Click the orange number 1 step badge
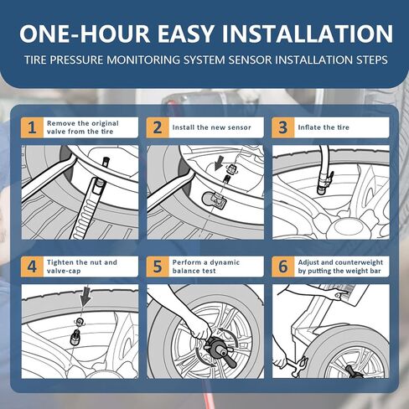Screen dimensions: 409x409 (32, 127)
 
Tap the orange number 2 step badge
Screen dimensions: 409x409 (158, 127)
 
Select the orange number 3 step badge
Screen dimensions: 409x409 (283, 127)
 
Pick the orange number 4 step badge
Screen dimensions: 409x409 (32, 267)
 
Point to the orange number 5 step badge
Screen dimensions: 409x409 (158, 267)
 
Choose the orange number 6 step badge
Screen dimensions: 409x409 (283, 267)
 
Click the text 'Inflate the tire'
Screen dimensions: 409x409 (324, 127)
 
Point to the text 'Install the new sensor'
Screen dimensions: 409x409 (211, 127)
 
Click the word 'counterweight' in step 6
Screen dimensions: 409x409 (359, 262)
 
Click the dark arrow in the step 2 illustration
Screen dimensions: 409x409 (219, 163)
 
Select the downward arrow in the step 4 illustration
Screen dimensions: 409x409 (85, 297)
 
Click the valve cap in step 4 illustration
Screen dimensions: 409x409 (75, 337)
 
